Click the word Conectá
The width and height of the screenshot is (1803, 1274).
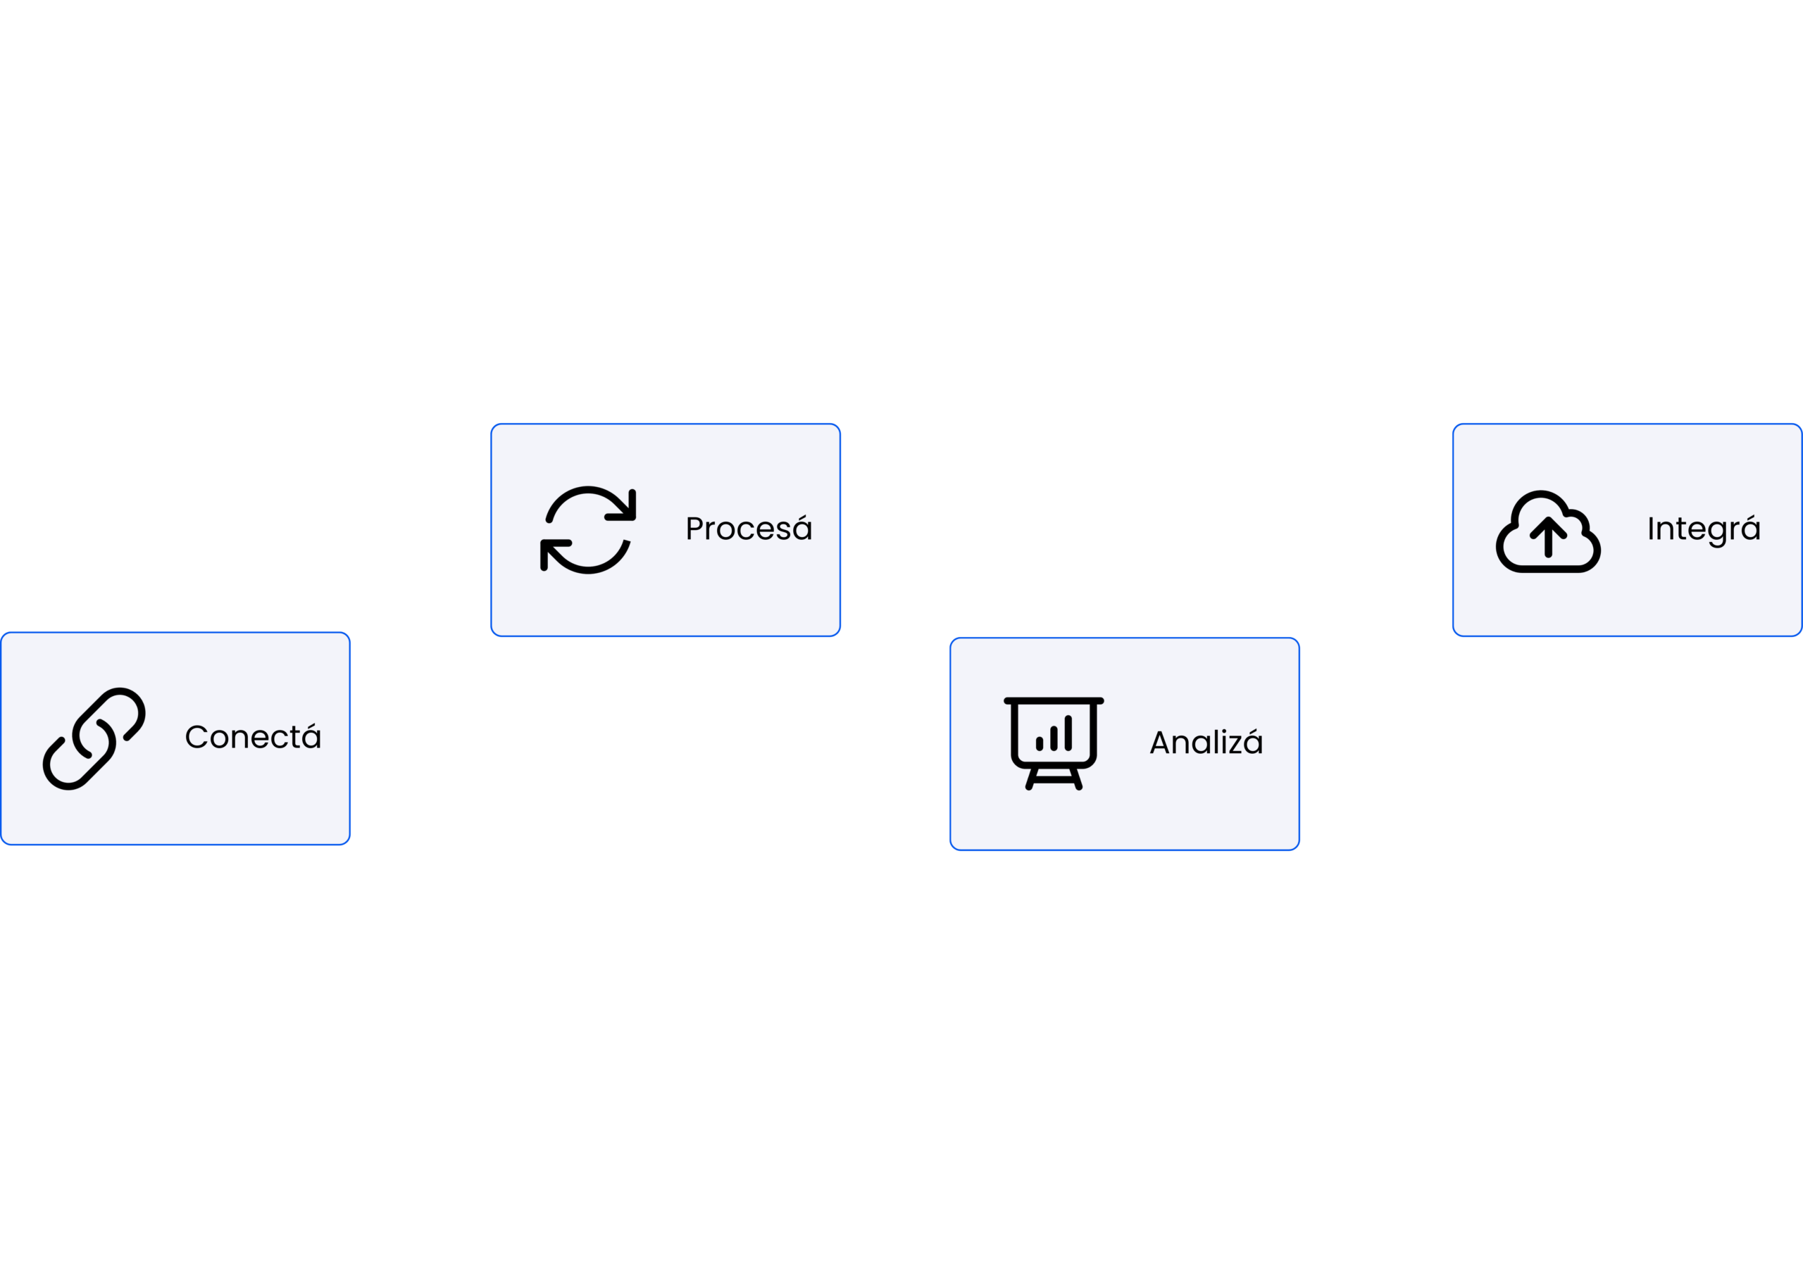point(253,737)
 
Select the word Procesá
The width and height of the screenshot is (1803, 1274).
point(749,529)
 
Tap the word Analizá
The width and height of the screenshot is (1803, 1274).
point(1206,743)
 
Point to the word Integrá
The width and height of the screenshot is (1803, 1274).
point(1703,529)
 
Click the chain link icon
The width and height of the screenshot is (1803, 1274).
point(94,738)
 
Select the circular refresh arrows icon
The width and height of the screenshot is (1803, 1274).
point(588,530)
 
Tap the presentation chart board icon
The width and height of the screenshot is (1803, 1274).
point(1054,743)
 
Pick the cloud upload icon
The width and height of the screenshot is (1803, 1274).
point(1548,532)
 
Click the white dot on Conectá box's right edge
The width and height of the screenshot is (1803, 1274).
point(361,738)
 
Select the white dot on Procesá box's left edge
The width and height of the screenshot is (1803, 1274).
point(480,531)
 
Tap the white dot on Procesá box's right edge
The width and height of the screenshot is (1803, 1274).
point(851,531)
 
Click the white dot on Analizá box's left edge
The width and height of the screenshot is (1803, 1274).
point(940,743)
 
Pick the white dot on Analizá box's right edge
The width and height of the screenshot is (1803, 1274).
point(1310,743)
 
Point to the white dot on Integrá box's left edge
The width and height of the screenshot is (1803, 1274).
point(1442,531)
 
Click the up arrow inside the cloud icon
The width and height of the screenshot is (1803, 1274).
point(1548,539)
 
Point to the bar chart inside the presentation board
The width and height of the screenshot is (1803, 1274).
point(1054,734)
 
